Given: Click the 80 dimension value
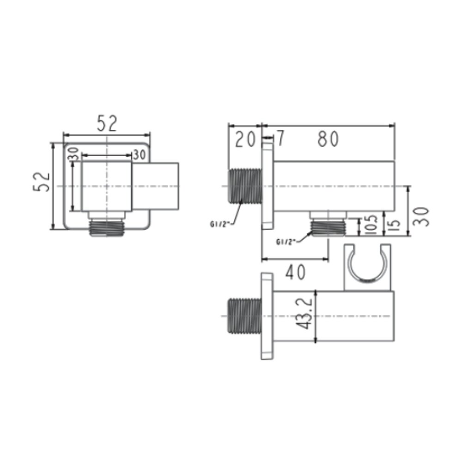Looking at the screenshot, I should (328, 139).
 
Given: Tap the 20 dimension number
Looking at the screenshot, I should (245, 139).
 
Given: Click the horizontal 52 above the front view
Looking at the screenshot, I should (107, 123).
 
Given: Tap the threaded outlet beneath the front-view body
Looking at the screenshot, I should (107, 227).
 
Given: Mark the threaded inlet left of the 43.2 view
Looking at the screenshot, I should (244, 317).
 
